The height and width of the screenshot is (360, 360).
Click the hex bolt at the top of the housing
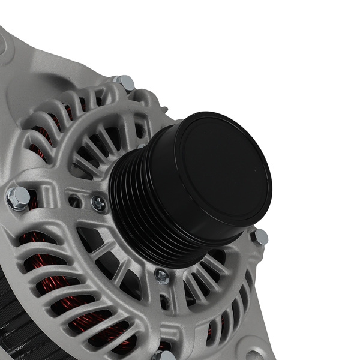(x=125, y=82)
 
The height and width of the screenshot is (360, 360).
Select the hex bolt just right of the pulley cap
(x=259, y=236)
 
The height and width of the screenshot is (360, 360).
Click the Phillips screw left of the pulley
(x=98, y=203)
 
